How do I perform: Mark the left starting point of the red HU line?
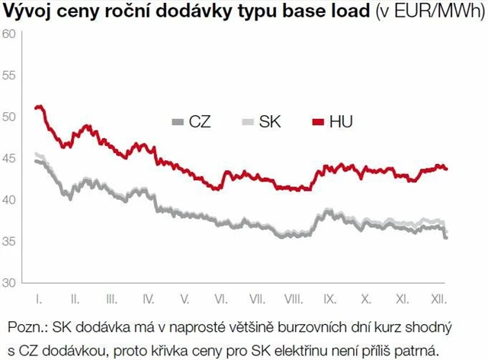click(x=36, y=108)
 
